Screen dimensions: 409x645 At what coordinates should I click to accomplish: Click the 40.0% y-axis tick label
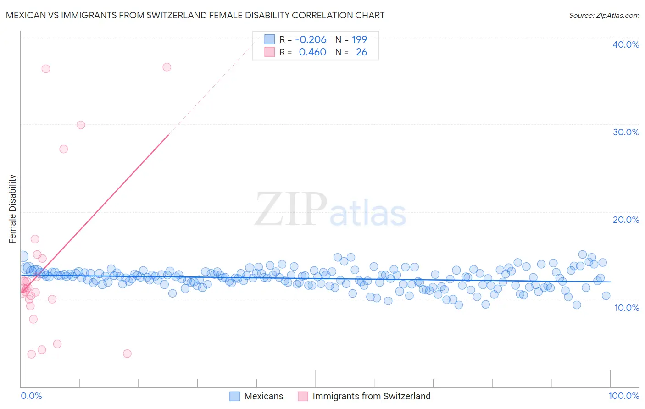point(626,44)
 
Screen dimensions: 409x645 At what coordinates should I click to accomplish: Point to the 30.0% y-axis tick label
point(626,132)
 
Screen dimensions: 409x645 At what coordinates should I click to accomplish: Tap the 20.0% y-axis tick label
point(626,220)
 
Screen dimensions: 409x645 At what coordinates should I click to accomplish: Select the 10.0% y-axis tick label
point(627,308)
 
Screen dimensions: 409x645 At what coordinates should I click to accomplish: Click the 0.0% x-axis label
point(31,396)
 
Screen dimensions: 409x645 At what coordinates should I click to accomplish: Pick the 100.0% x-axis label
point(623,396)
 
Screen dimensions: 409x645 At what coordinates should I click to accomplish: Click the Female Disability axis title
point(13,209)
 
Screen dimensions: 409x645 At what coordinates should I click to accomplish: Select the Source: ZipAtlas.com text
point(604,15)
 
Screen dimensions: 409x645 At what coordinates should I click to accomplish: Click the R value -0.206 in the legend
point(311,39)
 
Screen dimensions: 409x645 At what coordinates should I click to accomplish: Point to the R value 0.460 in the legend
point(312,52)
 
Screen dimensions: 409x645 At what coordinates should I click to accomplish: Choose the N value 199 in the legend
point(360,39)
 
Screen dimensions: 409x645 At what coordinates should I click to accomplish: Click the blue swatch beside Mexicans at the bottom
point(234,396)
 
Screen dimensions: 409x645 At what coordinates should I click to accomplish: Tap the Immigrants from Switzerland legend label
point(372,396)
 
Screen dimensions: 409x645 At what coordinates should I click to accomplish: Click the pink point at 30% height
point(81,125)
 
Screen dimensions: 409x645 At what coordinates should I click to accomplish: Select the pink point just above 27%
point(64,149)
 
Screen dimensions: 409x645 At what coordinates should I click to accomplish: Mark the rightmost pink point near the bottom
point(128,354)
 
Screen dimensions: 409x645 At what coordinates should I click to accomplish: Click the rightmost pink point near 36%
point(167,67)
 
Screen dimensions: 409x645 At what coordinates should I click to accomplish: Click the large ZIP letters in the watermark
point(291,210)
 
